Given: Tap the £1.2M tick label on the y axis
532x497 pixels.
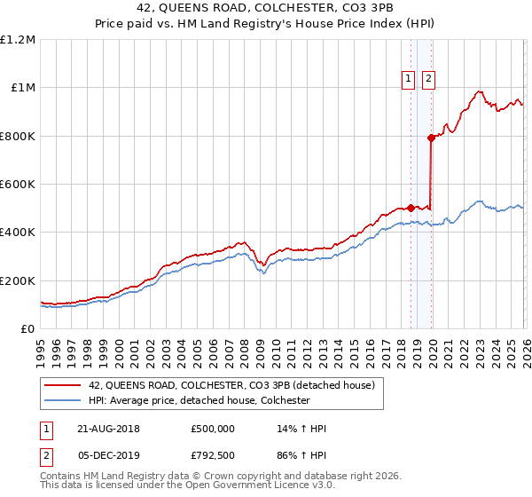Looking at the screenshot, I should (x=18, y=40).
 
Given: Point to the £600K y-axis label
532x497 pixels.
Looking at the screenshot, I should (x=18, y=185).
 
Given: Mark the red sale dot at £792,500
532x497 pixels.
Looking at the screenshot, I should (x=431, y=138).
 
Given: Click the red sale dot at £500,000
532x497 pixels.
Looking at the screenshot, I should (x=411, y=208).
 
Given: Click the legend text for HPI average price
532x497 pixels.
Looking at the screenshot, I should (x=199, y=400).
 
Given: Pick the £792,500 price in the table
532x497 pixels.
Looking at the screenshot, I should (x=212, y=457).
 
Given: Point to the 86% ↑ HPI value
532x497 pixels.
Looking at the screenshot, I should (x=302, y=457).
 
